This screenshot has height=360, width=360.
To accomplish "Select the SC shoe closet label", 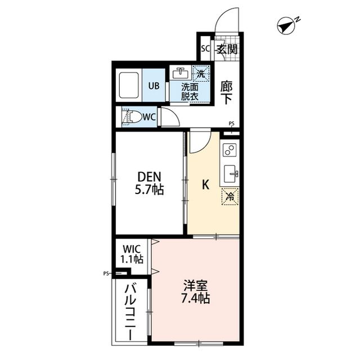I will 205,48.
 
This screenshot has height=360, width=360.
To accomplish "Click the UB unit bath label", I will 154,86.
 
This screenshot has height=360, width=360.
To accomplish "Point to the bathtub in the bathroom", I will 129,85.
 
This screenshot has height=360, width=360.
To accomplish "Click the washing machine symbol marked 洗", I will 201,73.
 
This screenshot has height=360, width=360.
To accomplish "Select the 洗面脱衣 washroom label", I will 190,92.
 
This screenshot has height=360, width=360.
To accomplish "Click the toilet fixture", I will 133,117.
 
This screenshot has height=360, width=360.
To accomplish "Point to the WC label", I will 148,117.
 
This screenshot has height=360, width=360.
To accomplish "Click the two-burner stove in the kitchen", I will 229,150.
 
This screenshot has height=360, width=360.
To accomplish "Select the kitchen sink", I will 230,174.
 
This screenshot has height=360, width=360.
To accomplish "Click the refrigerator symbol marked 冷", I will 229,197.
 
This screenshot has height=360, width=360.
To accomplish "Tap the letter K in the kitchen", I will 205,183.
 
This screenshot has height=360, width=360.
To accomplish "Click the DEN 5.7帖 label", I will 149,183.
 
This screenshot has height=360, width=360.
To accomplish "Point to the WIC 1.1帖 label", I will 131,254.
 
